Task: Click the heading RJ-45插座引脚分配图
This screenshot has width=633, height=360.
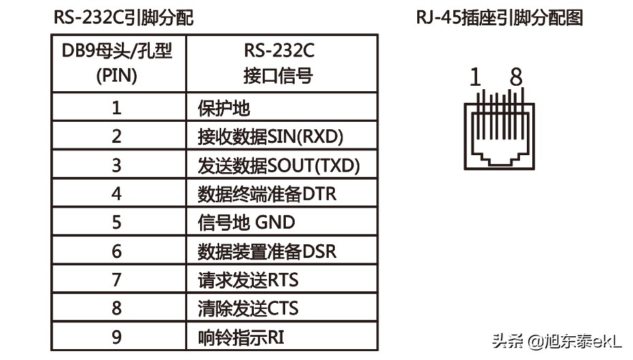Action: pyautogui.click(x=500, y=17)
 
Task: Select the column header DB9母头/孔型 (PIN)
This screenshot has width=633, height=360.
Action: pyautogui.click(x=117, y=64)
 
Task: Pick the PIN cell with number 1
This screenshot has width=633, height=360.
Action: pyautogui.click(x=117, y=108)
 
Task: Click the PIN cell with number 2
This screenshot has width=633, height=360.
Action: pyautogui.click(x=117, y=136)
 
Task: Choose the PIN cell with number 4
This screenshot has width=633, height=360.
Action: pyautogui.click(x=117, y=193)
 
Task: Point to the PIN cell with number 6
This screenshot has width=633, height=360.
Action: pyautogui.click(x=117, y=251)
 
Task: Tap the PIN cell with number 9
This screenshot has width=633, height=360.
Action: pyautogui.click(x=117, y=336)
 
